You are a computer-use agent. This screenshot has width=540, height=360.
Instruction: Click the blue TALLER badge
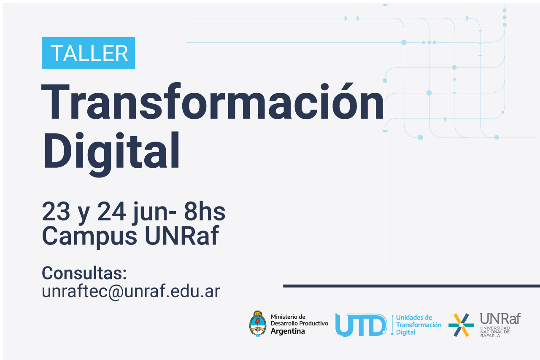[x=88, y=53]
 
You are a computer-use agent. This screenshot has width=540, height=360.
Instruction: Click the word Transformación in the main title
[x=212, y=102]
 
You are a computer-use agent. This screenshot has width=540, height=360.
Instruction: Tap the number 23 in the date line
[x=56, y=211]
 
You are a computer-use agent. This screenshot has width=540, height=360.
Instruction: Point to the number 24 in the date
[x=111, y=211]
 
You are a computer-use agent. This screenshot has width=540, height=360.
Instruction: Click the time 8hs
[x=205, y=211]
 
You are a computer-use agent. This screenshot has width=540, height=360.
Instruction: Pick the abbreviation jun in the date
[x=150, y=213]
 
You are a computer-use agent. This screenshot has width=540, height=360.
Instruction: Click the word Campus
[x=89, y=236]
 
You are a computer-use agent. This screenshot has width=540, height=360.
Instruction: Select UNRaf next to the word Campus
[x=182, y=235]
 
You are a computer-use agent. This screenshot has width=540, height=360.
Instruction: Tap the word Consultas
[x=84, y=273]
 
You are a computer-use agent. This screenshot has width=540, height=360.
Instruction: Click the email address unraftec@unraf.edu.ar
[x=131, y=291]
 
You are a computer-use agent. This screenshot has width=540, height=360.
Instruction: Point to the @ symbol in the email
[x=116, y=292]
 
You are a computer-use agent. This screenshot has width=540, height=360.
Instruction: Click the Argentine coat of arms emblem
[x=258, y=324]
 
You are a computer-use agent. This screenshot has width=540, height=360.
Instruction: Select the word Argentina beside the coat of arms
[x=288, y=331]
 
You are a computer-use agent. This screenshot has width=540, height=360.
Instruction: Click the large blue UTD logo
[x=361, y=325]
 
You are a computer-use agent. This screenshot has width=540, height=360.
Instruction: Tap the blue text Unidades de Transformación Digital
[x=418, y=325]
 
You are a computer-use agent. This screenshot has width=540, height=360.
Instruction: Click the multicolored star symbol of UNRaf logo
[x=461, y=325]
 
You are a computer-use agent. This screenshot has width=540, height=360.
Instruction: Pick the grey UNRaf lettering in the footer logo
[x=500, y=318]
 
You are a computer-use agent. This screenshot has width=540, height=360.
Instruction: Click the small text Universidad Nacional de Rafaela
[x=495, y=332]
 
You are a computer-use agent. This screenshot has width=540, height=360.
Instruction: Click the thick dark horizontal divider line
[x=411, y=286]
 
